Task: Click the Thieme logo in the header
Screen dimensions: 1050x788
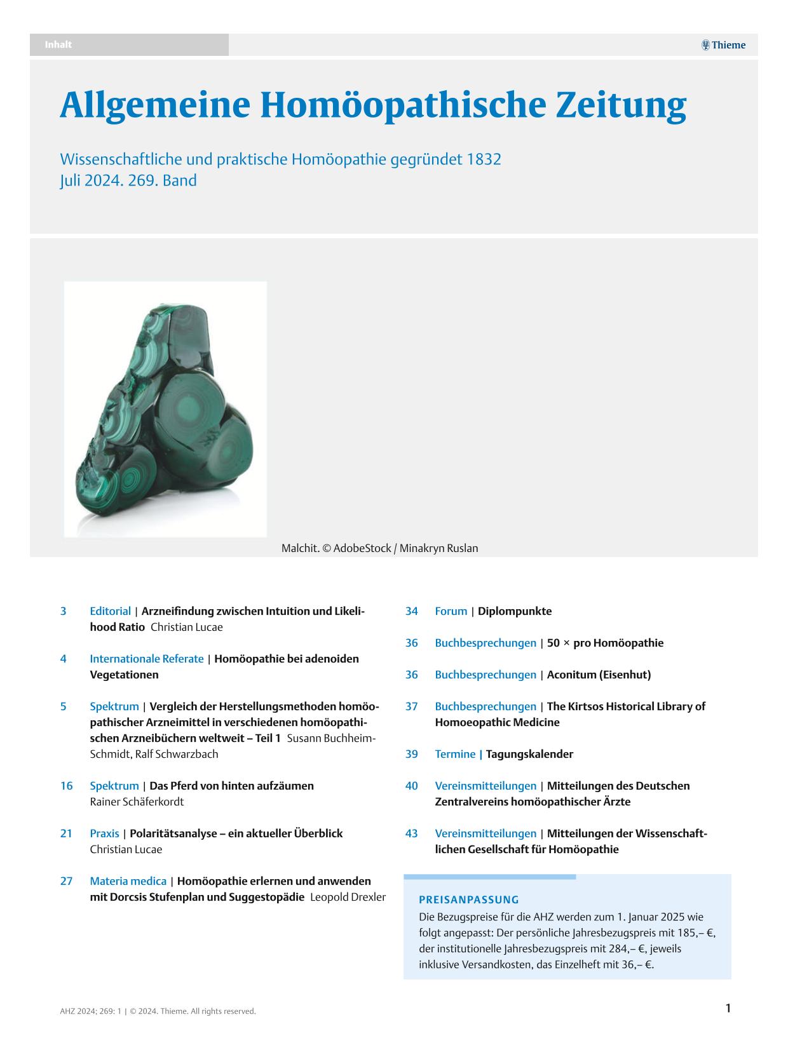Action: [x=723, y=45]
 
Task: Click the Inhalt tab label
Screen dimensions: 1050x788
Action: [x=58, y=44]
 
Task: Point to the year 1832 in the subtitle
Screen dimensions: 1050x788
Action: [x=484, y=159]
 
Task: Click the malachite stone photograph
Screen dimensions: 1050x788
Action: [x=165, y=409]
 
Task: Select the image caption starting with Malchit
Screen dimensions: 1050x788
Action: [x=379, y=548]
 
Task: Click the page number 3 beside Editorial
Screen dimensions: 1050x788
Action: [x=64, y=611]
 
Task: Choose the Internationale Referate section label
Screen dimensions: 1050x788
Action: [x=147, y=659]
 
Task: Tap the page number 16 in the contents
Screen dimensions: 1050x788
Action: [x=66, y=786]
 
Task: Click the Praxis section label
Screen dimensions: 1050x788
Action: [x=104, y=833]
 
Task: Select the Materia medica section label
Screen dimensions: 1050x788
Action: [x=128, y=881]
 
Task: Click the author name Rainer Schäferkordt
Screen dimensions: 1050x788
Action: [x=137, y=802]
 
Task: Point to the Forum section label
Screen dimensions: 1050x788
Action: [x=451, y=611]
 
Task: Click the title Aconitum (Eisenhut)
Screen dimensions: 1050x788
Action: [x=599, y=675]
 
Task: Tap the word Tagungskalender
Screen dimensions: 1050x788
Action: [x=529, y=754]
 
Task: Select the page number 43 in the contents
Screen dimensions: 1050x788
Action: [x=411, y=833]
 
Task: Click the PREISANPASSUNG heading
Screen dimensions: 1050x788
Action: [x=469, y=899]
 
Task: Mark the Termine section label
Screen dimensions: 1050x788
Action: [x=455, y=754]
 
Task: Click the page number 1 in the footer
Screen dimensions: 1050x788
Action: [x=728, y=1008]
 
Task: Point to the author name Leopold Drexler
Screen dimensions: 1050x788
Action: [x=348, y=897]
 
